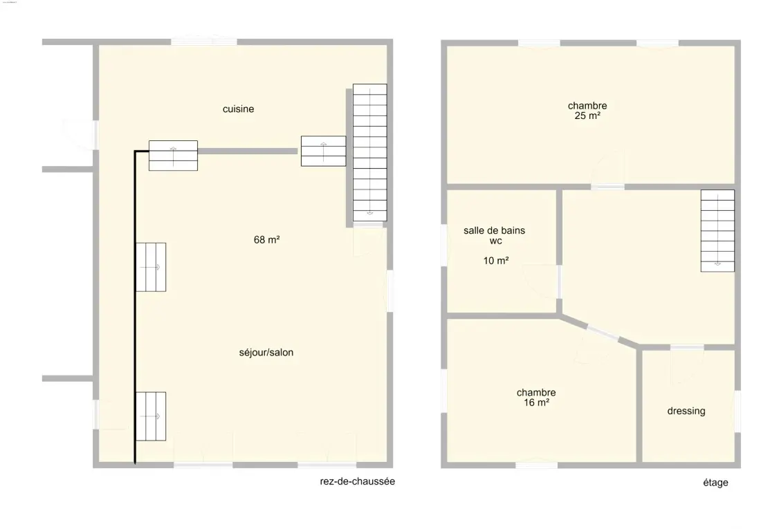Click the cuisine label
238,109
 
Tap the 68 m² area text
266,240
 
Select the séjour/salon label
266,353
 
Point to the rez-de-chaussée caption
357,481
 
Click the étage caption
715,483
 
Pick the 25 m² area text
587,116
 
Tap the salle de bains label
494,230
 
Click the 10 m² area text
495,261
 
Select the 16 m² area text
536,403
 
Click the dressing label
686,411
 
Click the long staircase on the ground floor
370,153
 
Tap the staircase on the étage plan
717,230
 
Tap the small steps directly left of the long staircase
323,151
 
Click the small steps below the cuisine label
173,156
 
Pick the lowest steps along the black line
151,416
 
